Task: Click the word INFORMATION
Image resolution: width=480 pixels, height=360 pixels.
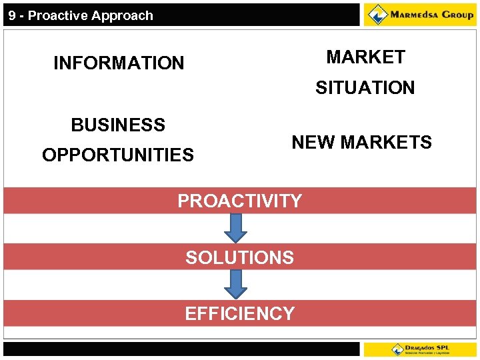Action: click(119, 63)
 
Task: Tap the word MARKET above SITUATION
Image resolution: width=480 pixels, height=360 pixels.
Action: click(365, 57)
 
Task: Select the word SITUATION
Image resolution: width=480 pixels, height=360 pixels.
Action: click(365, 88)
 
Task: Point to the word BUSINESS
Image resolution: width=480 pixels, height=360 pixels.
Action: click(118, 125)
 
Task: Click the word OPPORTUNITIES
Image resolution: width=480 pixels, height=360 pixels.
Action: click(118, 155)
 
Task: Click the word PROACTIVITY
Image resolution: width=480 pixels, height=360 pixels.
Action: click(239, 201)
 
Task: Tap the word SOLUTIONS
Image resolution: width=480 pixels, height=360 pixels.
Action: click(239, 258)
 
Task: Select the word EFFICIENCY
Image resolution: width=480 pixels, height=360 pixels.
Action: click(239, 314)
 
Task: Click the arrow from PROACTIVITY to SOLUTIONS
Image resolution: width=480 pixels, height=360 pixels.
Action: click(235, 228)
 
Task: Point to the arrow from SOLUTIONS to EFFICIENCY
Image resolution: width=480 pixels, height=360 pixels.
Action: click(235, 285)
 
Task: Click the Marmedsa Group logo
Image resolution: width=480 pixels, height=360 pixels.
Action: click(420, 15)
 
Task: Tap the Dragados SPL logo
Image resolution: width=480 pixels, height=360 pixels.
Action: click(420, 349)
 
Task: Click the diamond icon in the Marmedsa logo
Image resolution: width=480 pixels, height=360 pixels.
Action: click(378, 14)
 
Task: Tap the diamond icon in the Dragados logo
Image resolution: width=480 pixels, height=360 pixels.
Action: click(398, 349)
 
